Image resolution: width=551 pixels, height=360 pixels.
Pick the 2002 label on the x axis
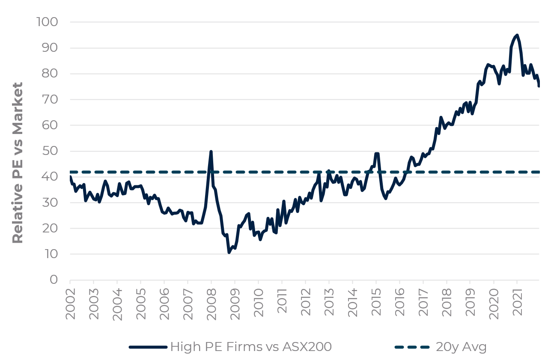point(70,304)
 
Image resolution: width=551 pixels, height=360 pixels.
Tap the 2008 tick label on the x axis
point(211,304)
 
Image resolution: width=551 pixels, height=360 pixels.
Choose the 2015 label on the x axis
point(376,304)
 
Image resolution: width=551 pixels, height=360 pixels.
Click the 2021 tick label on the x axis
point(517,304)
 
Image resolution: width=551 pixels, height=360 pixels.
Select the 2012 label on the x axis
point(305,304)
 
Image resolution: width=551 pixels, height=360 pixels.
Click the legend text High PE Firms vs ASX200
point(251,347)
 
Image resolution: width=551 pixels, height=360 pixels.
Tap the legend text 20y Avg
point(462,347)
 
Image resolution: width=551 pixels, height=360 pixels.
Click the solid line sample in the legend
point(148,347)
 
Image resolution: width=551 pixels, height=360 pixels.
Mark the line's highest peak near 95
point(517,35)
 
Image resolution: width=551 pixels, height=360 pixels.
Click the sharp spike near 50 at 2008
point(211,152)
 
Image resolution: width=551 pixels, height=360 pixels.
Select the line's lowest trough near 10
point(229,253)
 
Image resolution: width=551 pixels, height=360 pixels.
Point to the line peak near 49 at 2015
point(377,153)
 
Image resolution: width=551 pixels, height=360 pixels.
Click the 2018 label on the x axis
point(447,304)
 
